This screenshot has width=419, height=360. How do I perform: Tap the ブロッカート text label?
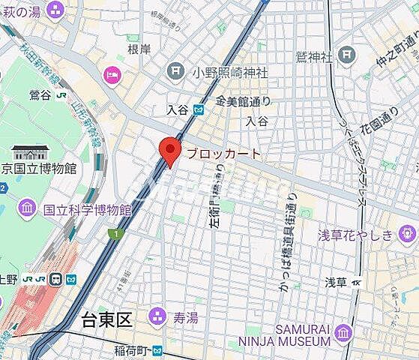(x=223, y=154)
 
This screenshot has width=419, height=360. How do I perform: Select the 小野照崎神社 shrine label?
(x=229, y=72)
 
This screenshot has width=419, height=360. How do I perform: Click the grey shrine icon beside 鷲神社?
(x=346, y=54)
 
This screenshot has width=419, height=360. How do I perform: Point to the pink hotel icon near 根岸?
(x=113, y=74)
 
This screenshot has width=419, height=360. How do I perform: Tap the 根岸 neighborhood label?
(x=139, y=49)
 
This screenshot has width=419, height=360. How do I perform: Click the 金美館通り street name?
(x=242, y=100)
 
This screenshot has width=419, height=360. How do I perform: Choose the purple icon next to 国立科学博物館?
(x=27, y=207)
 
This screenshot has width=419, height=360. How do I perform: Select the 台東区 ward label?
(x=106, y=320)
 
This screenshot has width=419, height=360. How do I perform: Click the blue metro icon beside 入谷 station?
(x=198, y=109)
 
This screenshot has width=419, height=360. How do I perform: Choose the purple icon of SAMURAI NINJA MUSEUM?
(x=344, y=332)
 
